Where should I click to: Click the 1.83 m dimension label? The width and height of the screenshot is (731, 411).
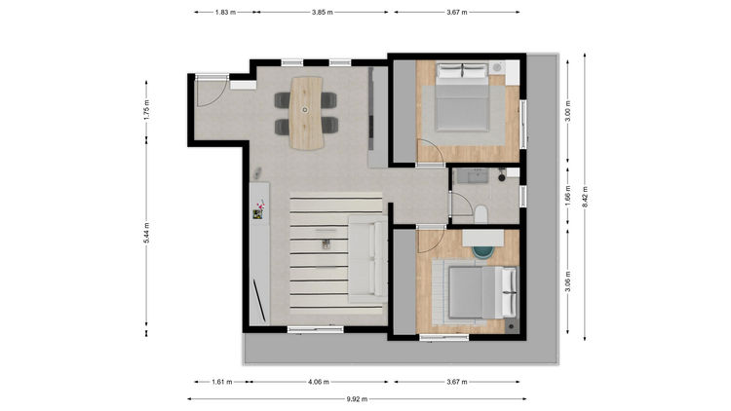[x=225, y=12]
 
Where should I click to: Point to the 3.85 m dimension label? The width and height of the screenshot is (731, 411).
[x=323, y=12]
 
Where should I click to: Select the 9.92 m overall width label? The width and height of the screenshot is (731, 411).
[x=357, y=399]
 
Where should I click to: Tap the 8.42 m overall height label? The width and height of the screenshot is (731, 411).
[x=585, y=198]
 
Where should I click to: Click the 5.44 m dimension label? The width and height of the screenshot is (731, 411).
[x=146, y=233]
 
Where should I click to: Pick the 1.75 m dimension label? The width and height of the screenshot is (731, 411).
[x=146, y=111]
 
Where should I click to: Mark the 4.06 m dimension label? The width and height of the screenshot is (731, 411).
[x=319, y=382]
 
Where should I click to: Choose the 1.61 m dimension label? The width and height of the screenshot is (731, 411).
[x=222, y=382]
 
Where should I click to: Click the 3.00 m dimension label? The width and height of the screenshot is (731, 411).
[x=567, y=111]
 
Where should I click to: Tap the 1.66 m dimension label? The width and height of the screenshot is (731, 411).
[x=567, y=196]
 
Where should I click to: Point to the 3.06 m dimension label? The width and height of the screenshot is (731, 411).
[x=567, y=281]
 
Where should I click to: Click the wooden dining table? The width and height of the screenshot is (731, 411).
[x=306, y=113]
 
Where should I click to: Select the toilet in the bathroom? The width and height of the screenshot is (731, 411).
[x=481, y=214]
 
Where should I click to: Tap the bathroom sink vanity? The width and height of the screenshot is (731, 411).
[x=473, y=176]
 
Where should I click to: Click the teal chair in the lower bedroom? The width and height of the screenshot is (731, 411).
[x=482, y=251]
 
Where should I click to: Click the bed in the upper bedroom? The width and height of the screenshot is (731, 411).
[x=462, y=97]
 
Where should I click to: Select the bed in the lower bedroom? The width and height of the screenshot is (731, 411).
[x=482, y=292]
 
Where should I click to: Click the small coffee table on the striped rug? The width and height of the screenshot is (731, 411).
[x=326, y=243]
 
